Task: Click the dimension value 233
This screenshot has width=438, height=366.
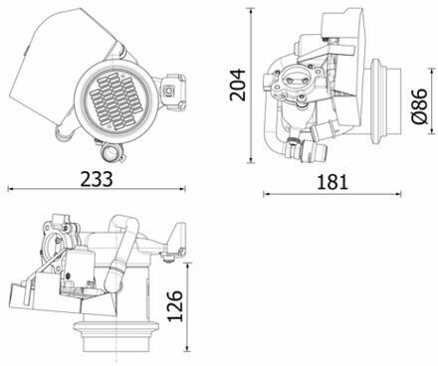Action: [x=97, y=179]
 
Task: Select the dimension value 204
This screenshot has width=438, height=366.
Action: [x=238, y=85]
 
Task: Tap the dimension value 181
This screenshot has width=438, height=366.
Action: [x=332, y=182]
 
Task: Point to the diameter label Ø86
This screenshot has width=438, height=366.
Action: [x=419, y=106]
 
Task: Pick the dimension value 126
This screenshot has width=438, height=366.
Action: [x=175, y=306]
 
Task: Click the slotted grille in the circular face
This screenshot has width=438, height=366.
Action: [x=116, y=101]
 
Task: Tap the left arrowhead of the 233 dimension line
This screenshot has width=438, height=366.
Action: [x=10, y=189]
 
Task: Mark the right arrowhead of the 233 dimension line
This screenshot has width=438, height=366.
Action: [x=182, y=189]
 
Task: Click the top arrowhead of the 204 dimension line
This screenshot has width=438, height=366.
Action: [x=251, y=10]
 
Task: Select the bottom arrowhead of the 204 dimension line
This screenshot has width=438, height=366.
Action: [x=251, y=160]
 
